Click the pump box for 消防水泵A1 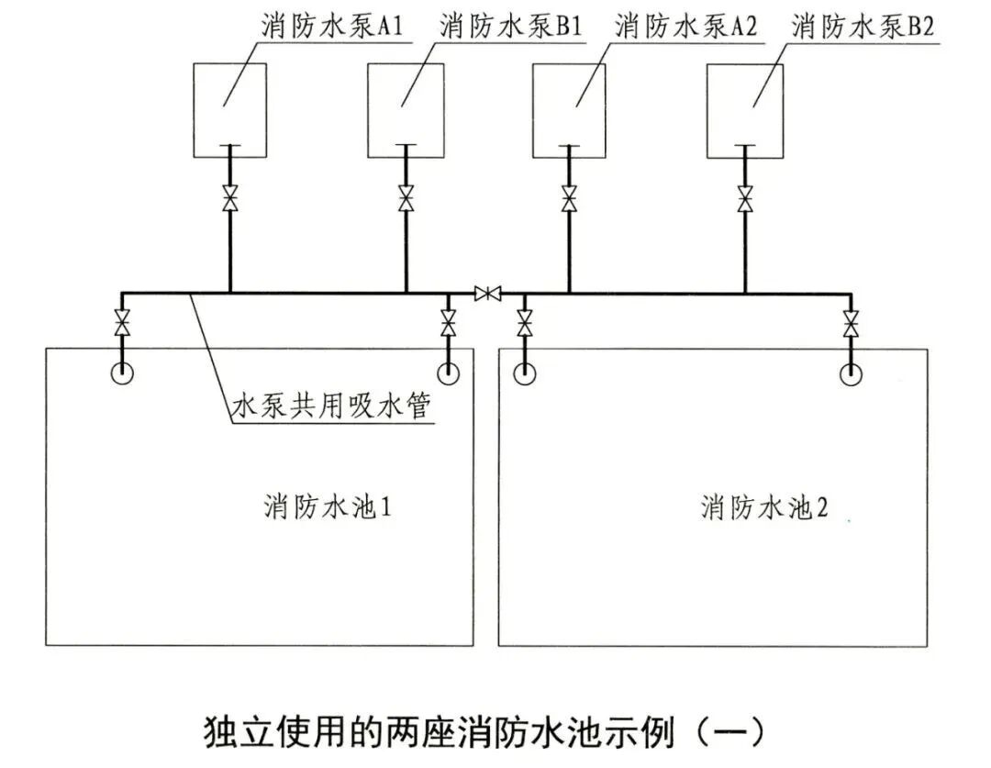pyautogui.click(x=229, y=109)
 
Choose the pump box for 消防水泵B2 pyautogui.click(x=745, y=109)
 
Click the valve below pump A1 pyautogui.click(x=229, y=199)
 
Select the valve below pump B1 pyautogui.click(x=406, y=199)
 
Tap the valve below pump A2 pyautogui.click(x=569, y=199)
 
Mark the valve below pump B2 pyautogui.click(x=745, y=199)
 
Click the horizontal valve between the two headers pyautogui.click(x=487, y=294)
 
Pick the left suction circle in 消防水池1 pyautogui.click(x=121, y=373)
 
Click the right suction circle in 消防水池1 pyautogui.click(x=448, y=373)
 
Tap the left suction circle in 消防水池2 pyautogui.click(x=524, y=373)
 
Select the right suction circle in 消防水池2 pyautogui.click(x=851, y=373)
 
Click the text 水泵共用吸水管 pyautogui.click(x=329, y=407)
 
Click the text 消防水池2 pyautogui.click(x=764, y=507)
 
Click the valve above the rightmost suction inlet pyautogui.click(x=851, y=324)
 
